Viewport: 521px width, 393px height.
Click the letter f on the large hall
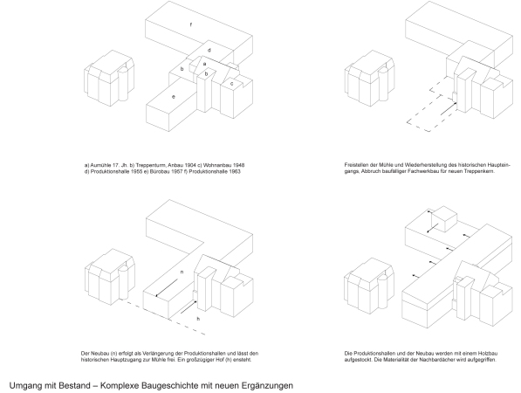[x=190, y=24]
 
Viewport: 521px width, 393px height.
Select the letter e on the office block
[x=175, y=96]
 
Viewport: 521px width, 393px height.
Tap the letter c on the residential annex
[x=232, y=83]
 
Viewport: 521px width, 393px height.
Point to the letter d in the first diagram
[x=209, y=51]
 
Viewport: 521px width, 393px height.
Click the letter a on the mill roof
[x=204, y=64]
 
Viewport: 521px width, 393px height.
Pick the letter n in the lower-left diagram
[x=181, y=273]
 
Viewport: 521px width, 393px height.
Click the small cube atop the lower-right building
[x=446, y=217]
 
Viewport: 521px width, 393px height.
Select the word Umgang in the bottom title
[x=24, y=383]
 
